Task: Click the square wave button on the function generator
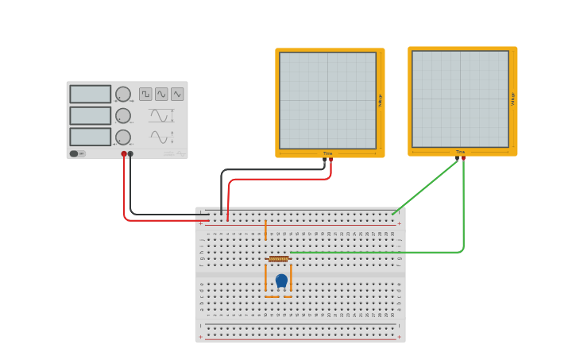tap(145, 94)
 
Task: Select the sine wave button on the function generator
tap(161, 94)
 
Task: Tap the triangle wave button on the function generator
tap(177, 94)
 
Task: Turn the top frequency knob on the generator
tap(123, 94)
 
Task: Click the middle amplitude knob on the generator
tap(123, 115)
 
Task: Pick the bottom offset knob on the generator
tap(123, 137)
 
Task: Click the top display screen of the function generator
tap(90, 94)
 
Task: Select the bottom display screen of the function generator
tap(90, 137)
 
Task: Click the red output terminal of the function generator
tap(124, 153)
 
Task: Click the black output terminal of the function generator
tap(130, 153)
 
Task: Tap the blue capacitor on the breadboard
tap(281, 280)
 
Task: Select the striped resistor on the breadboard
tap(278, 258)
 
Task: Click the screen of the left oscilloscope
tap(327, 100)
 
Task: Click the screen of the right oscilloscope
tap(460, 99)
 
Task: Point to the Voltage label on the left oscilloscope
tap(381, 100)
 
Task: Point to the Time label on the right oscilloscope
tap(460, 152)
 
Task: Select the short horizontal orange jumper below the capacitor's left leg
tap(272, 296)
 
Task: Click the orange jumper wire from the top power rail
tap(265, 230)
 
